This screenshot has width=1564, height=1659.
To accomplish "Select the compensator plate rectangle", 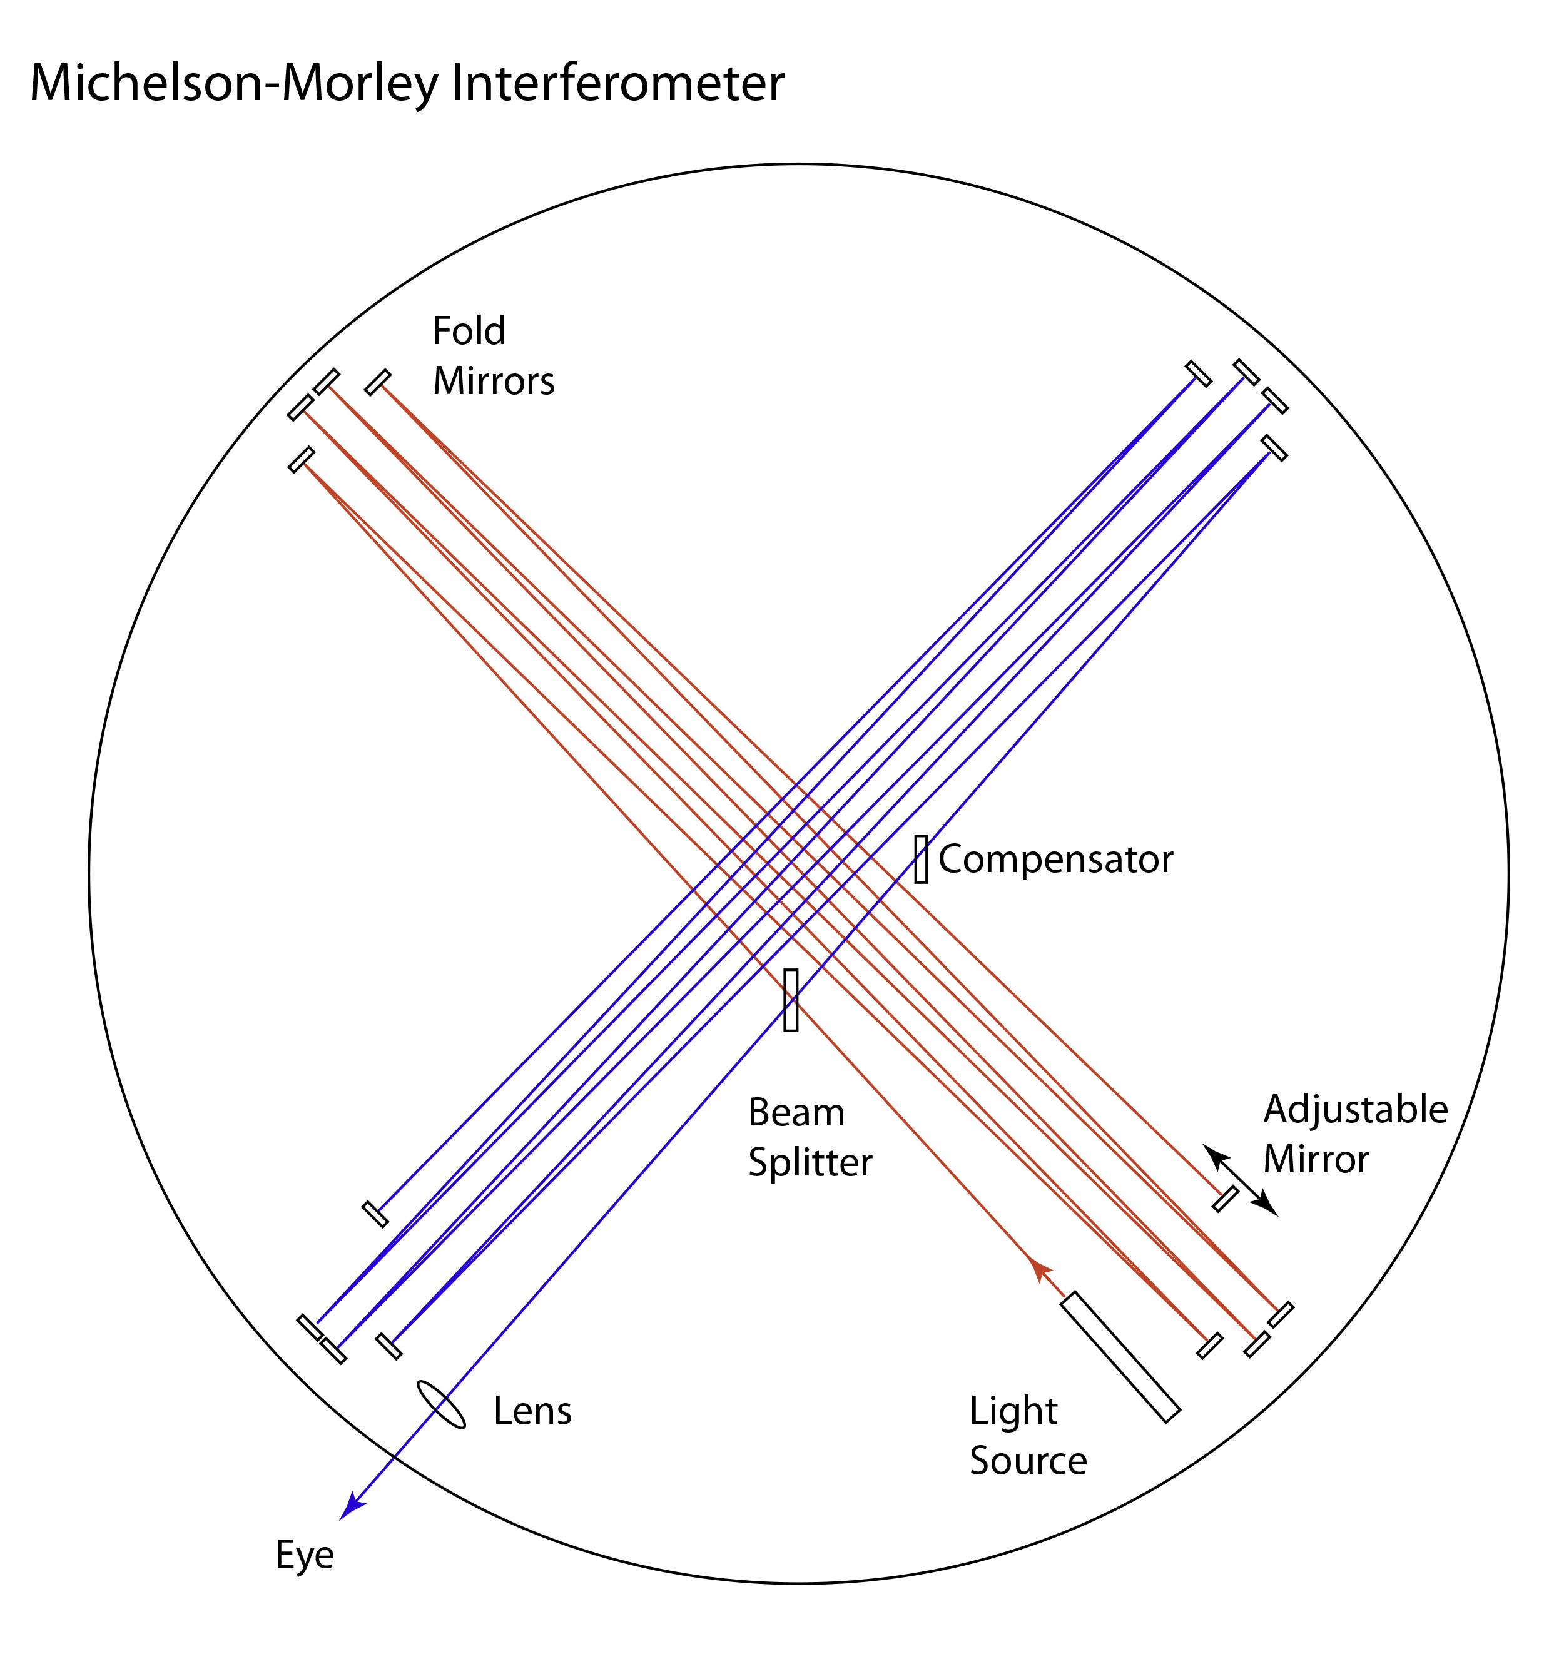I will (920, 859).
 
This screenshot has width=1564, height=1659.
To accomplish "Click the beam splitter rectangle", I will (790, 1000).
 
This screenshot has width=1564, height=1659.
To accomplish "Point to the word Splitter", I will (810, 1162).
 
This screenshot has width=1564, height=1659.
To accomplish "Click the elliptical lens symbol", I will (440, 1404).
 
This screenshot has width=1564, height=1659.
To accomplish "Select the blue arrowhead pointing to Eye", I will (353, 1506).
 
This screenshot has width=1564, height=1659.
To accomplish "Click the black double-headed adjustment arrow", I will (1239, 1180).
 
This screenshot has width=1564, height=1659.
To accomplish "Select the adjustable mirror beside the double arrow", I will (1224, 1199).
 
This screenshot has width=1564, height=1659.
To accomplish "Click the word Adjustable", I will (1355, 1110).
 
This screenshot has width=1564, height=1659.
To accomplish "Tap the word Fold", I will (469, 332).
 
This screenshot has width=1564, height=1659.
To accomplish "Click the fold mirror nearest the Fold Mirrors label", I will (377, 382).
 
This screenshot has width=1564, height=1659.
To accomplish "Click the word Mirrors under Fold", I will (493, 382).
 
